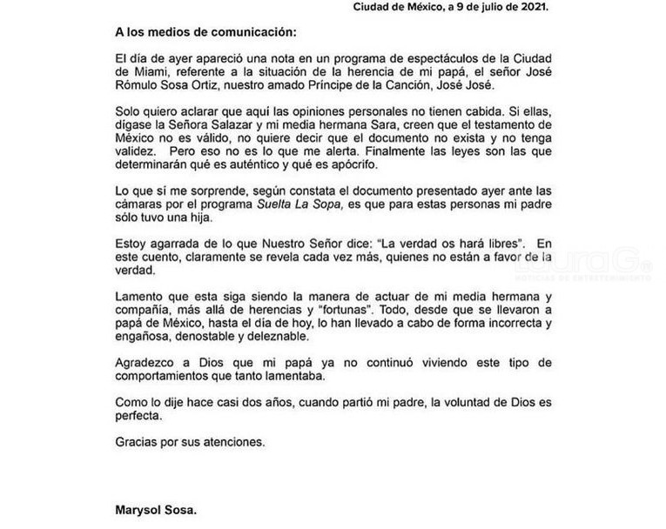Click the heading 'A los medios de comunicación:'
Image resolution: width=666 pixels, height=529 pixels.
(205, 33)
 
